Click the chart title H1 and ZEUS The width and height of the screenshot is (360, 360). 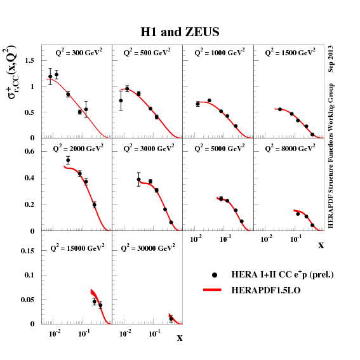[x=180, y=32]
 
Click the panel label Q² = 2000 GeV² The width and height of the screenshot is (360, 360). [x=77, y=148]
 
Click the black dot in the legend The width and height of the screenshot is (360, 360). [x=215, y=275]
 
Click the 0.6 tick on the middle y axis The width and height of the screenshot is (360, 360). [x=29, y=151]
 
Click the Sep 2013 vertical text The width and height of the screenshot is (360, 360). [x=331, y=58]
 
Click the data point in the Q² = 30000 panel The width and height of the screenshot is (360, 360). [x=171, y=319]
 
